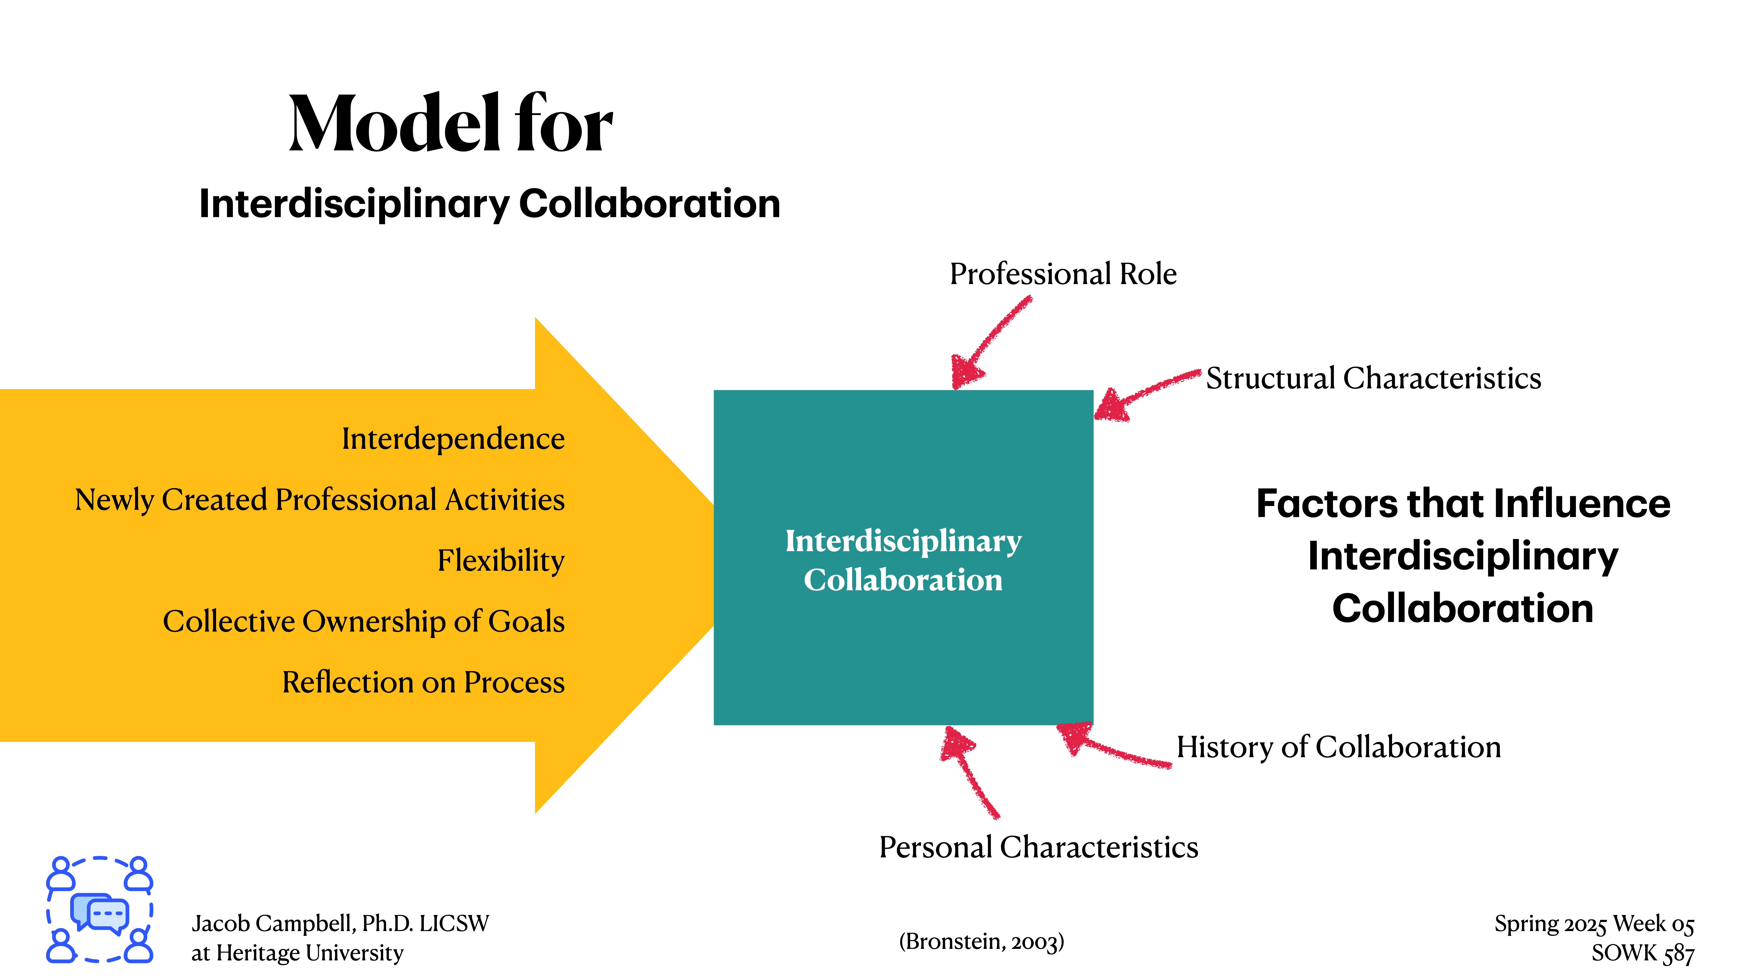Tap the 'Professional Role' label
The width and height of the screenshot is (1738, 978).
pyautogui.click(x=1063, y=274)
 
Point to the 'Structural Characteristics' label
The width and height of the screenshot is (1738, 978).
pyautogui.click(x=1373, y=378)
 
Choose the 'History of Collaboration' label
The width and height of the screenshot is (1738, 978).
pyautogui.click(x=1339, y=747)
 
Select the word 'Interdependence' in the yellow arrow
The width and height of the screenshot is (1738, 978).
pyautogui.click(x=453, y=439)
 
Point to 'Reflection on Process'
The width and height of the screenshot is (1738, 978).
pyautogui.click(x=423, y=682)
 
